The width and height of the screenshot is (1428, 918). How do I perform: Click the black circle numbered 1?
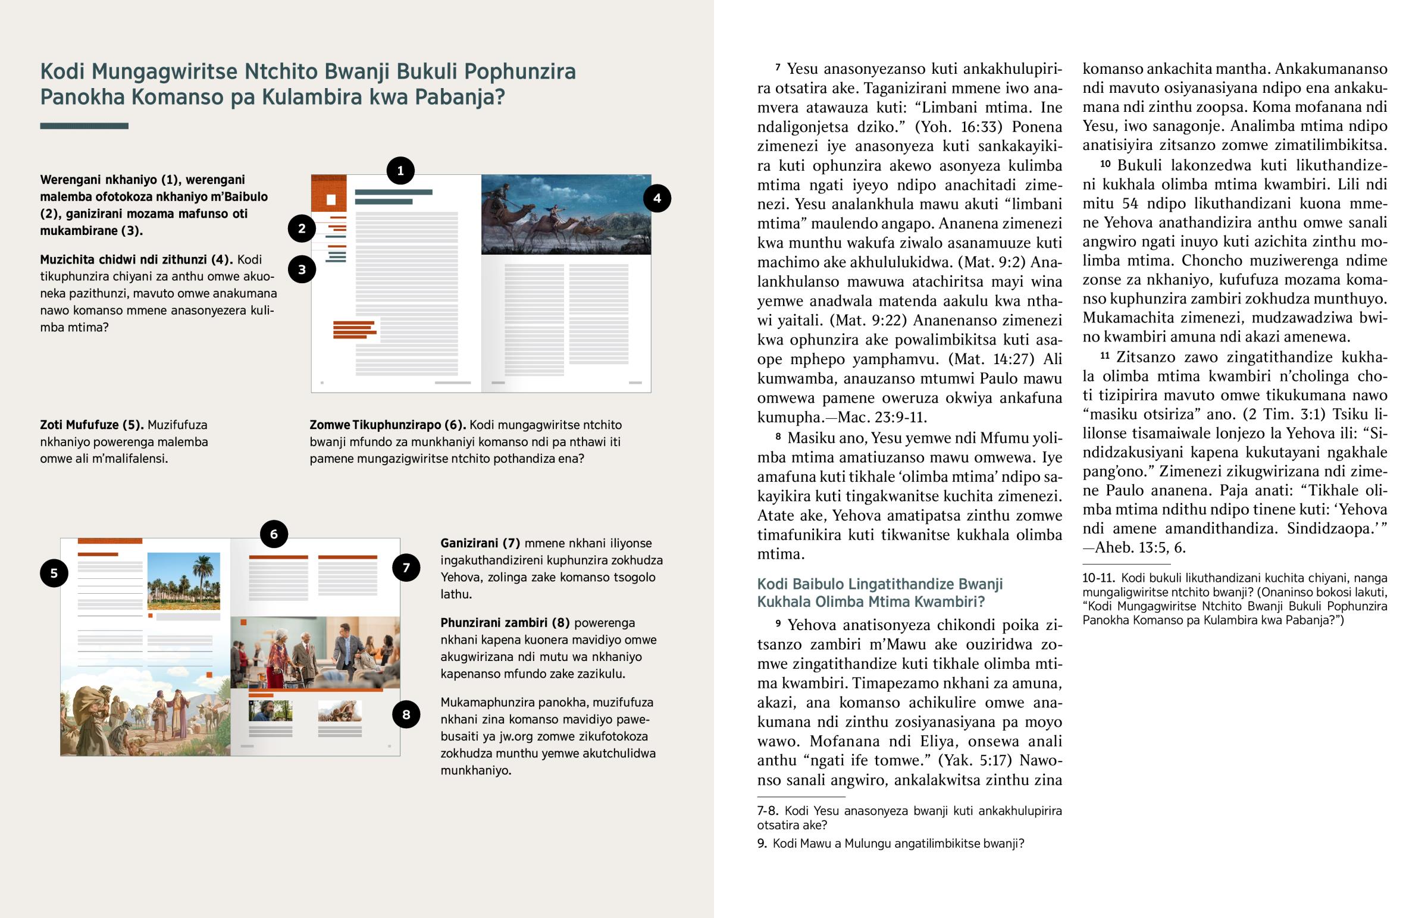[400, 171]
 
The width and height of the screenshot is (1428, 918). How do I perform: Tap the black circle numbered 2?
[302, 228]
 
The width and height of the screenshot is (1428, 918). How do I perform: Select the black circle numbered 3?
[302, 270]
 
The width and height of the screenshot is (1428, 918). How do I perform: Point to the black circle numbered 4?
[657, 199]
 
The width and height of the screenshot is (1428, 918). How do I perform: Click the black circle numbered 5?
[54, 573]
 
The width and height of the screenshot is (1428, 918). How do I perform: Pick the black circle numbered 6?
[274, 534]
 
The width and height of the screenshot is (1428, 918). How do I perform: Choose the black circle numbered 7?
[406, 568]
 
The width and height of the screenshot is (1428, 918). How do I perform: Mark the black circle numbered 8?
[406, 714]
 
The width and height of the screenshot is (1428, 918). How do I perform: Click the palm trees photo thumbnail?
[184, 581]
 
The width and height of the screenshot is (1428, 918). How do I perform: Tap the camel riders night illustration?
[566, 215]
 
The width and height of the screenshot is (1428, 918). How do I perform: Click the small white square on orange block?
[331, 200]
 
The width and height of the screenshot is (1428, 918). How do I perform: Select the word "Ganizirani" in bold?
[469, 543]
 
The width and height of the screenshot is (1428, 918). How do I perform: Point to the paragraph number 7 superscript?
[778, 67]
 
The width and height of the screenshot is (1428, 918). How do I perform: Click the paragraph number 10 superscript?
[1105, 164]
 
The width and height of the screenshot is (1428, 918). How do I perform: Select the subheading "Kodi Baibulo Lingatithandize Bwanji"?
[879, 584]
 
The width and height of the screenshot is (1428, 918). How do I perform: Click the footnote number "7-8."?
[768, 811]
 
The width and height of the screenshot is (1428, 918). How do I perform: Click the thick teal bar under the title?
[84, 126]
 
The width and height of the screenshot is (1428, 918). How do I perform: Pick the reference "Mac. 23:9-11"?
[881, 417]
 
